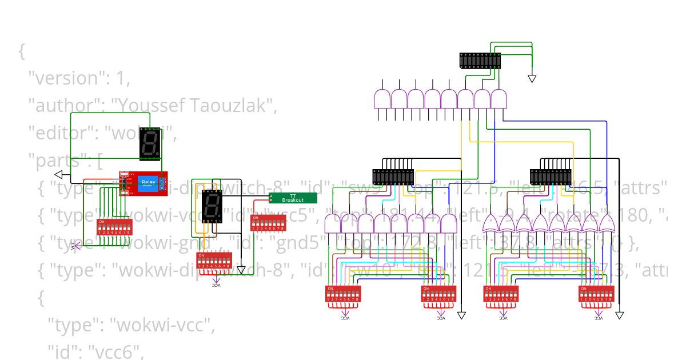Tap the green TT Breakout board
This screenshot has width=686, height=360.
(293, 198)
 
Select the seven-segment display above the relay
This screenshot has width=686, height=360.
(150, 143)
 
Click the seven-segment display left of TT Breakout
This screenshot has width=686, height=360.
(212, 206)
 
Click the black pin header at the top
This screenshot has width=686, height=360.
(480, 60)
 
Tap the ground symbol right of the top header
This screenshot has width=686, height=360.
(532, 78)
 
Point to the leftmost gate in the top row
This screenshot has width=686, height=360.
(382, 99)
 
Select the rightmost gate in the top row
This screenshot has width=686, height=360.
(499, 99)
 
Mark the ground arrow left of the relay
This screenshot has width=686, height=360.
(58, 174)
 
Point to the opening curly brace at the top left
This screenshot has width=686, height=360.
(22, 51)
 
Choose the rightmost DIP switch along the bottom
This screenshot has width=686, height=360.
(596, 294)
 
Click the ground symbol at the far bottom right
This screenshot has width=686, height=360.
(620, 315)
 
